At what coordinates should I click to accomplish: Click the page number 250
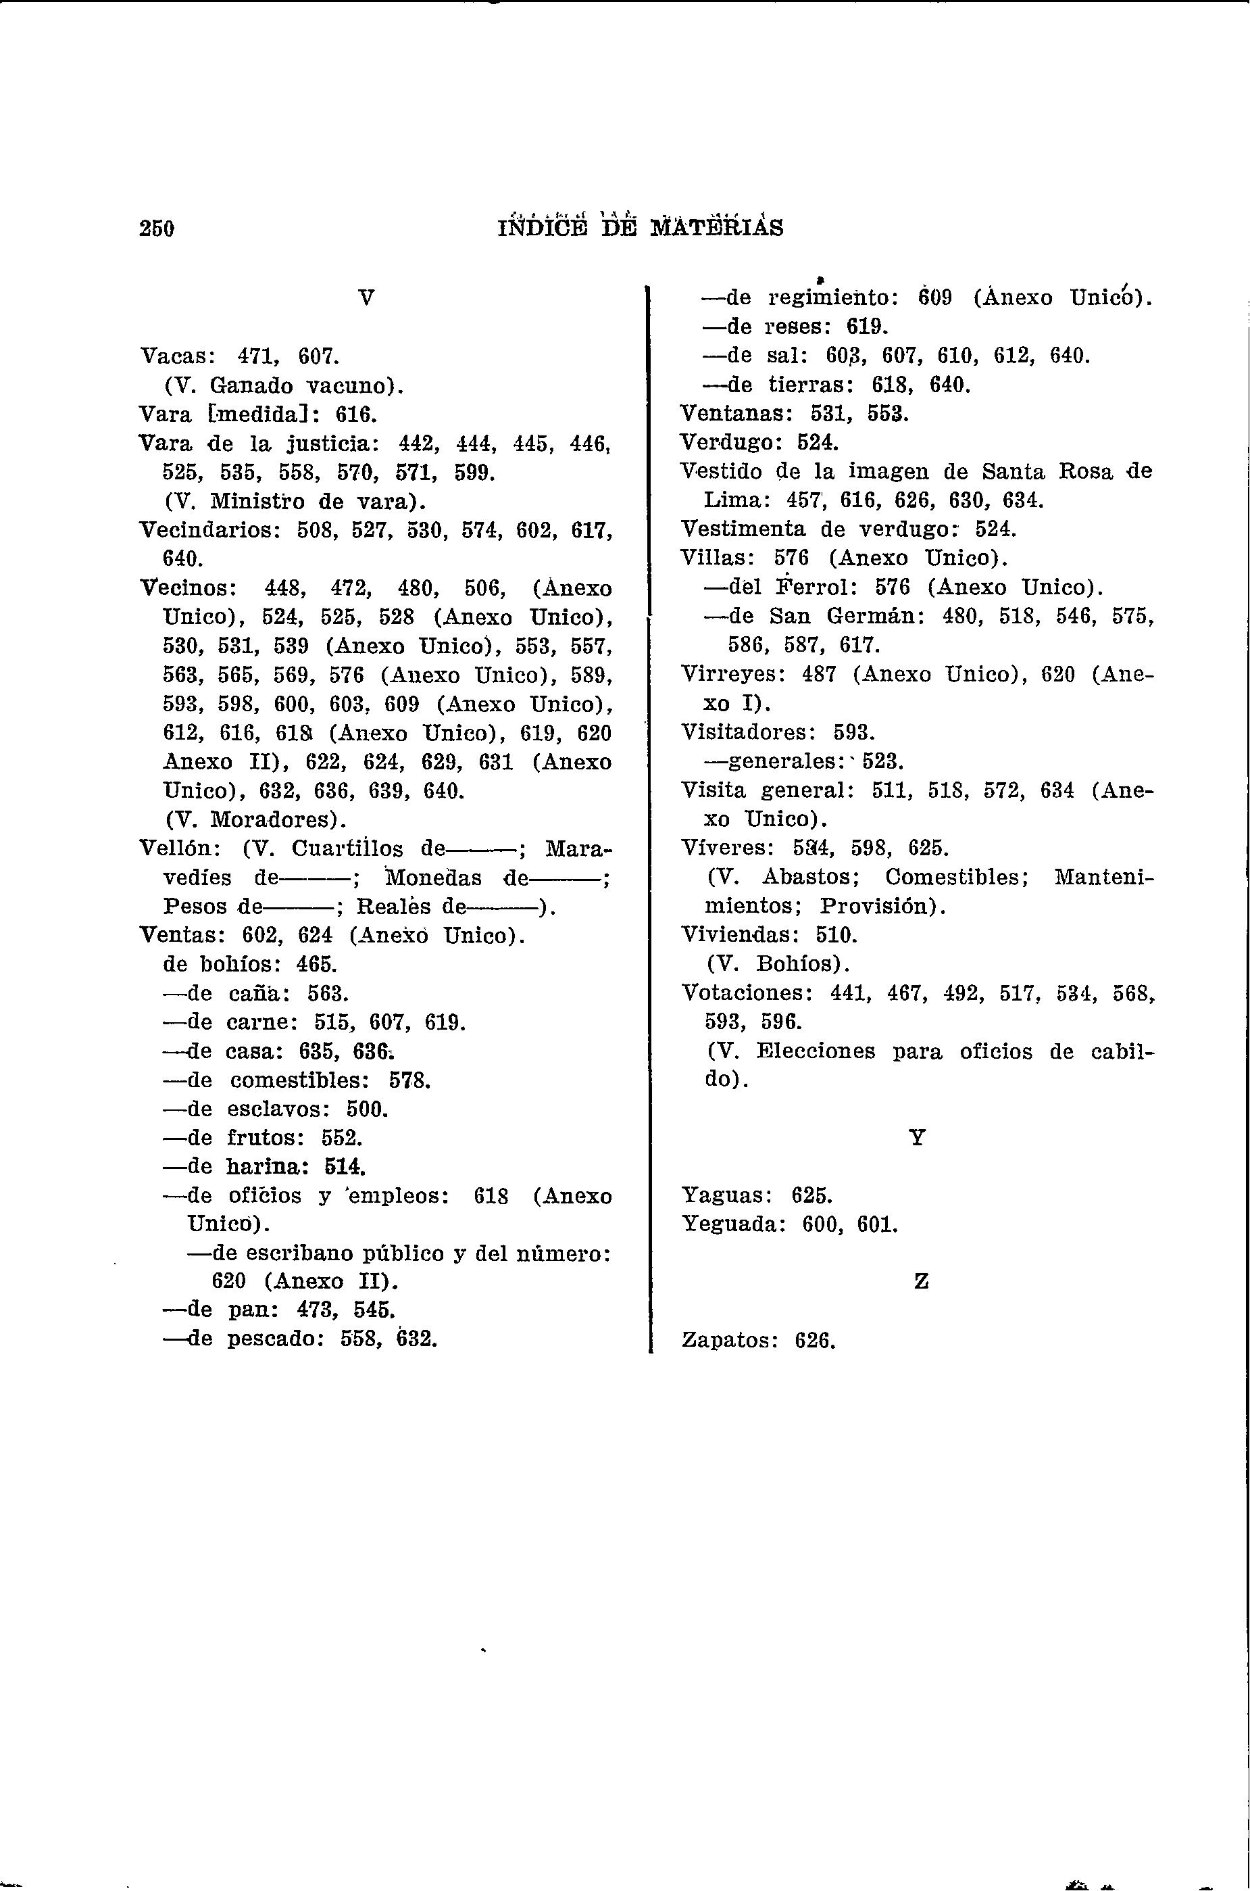tap(156, 229)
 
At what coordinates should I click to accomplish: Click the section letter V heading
tap(366, 298)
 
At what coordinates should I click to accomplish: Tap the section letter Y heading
tap(918, 1138)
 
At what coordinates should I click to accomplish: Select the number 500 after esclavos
tap(367, 1109)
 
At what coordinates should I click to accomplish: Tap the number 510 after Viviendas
tap(836, 935)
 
